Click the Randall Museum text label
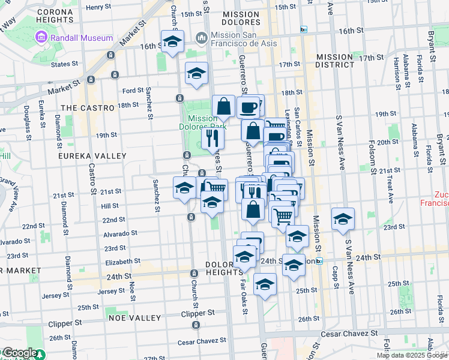pos(81,38)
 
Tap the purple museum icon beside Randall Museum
pos(41,38)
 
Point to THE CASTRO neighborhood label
pos(87,107)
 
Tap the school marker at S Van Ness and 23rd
pos(343,219)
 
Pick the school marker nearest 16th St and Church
pos(172,42)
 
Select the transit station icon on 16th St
pos(304,29)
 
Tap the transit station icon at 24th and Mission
pos(319,261)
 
